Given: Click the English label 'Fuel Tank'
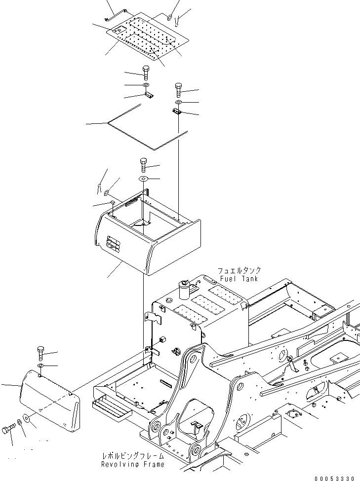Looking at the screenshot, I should [240, 279].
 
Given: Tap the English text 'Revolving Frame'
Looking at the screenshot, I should [133, 464].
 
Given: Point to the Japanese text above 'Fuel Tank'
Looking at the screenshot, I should [240, 271].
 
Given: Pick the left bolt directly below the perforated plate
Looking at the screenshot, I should [146, 73].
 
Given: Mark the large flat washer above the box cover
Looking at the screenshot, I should [143, 178].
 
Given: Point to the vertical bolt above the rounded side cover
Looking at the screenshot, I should [40, 354].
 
